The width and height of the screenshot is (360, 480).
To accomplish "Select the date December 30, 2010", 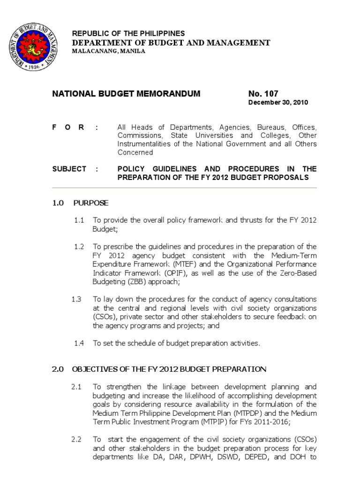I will (x=278, y=103).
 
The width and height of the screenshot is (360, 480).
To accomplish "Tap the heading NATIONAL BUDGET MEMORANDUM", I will (x=126, y=94).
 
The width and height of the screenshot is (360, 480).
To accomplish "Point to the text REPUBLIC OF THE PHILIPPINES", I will (x=128, y=34).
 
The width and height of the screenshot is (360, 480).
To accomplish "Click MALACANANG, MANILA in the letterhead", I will (x=108, y=51).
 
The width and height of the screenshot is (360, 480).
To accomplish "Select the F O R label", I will (x=68, y=127).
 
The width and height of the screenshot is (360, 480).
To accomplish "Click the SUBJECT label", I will (x=69, y=169).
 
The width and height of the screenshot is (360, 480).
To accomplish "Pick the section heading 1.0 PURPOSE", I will (x=80, y=203).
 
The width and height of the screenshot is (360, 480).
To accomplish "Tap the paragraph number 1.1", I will (x=79, y=220).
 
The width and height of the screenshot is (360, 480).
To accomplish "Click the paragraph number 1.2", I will (x=79, y=247).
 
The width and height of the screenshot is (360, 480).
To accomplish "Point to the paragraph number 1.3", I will (x=76, y=299).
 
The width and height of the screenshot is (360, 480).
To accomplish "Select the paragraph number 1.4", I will (x=79, y=343).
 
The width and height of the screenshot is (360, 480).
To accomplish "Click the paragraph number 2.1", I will (x=76, y=387).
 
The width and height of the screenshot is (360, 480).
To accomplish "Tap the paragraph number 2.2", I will (x=76, y=439).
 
